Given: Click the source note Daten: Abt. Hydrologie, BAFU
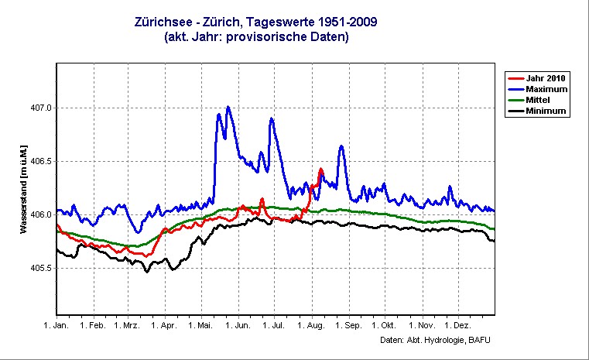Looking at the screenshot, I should click(x=436, y=340).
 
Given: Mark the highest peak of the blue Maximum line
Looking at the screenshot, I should click(x=228, y=107).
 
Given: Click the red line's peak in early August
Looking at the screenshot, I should click(x=320, y=169).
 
